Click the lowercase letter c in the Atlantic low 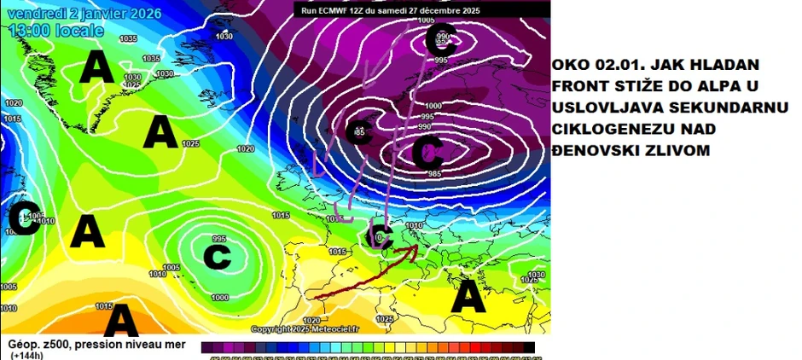coord(218,253)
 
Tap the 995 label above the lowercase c coord(219,239)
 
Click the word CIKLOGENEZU coord(603,128)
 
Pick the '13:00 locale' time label coord(57,31)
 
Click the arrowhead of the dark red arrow coord(416,248)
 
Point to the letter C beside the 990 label coord(447,37)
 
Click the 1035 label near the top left coord(128,38)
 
